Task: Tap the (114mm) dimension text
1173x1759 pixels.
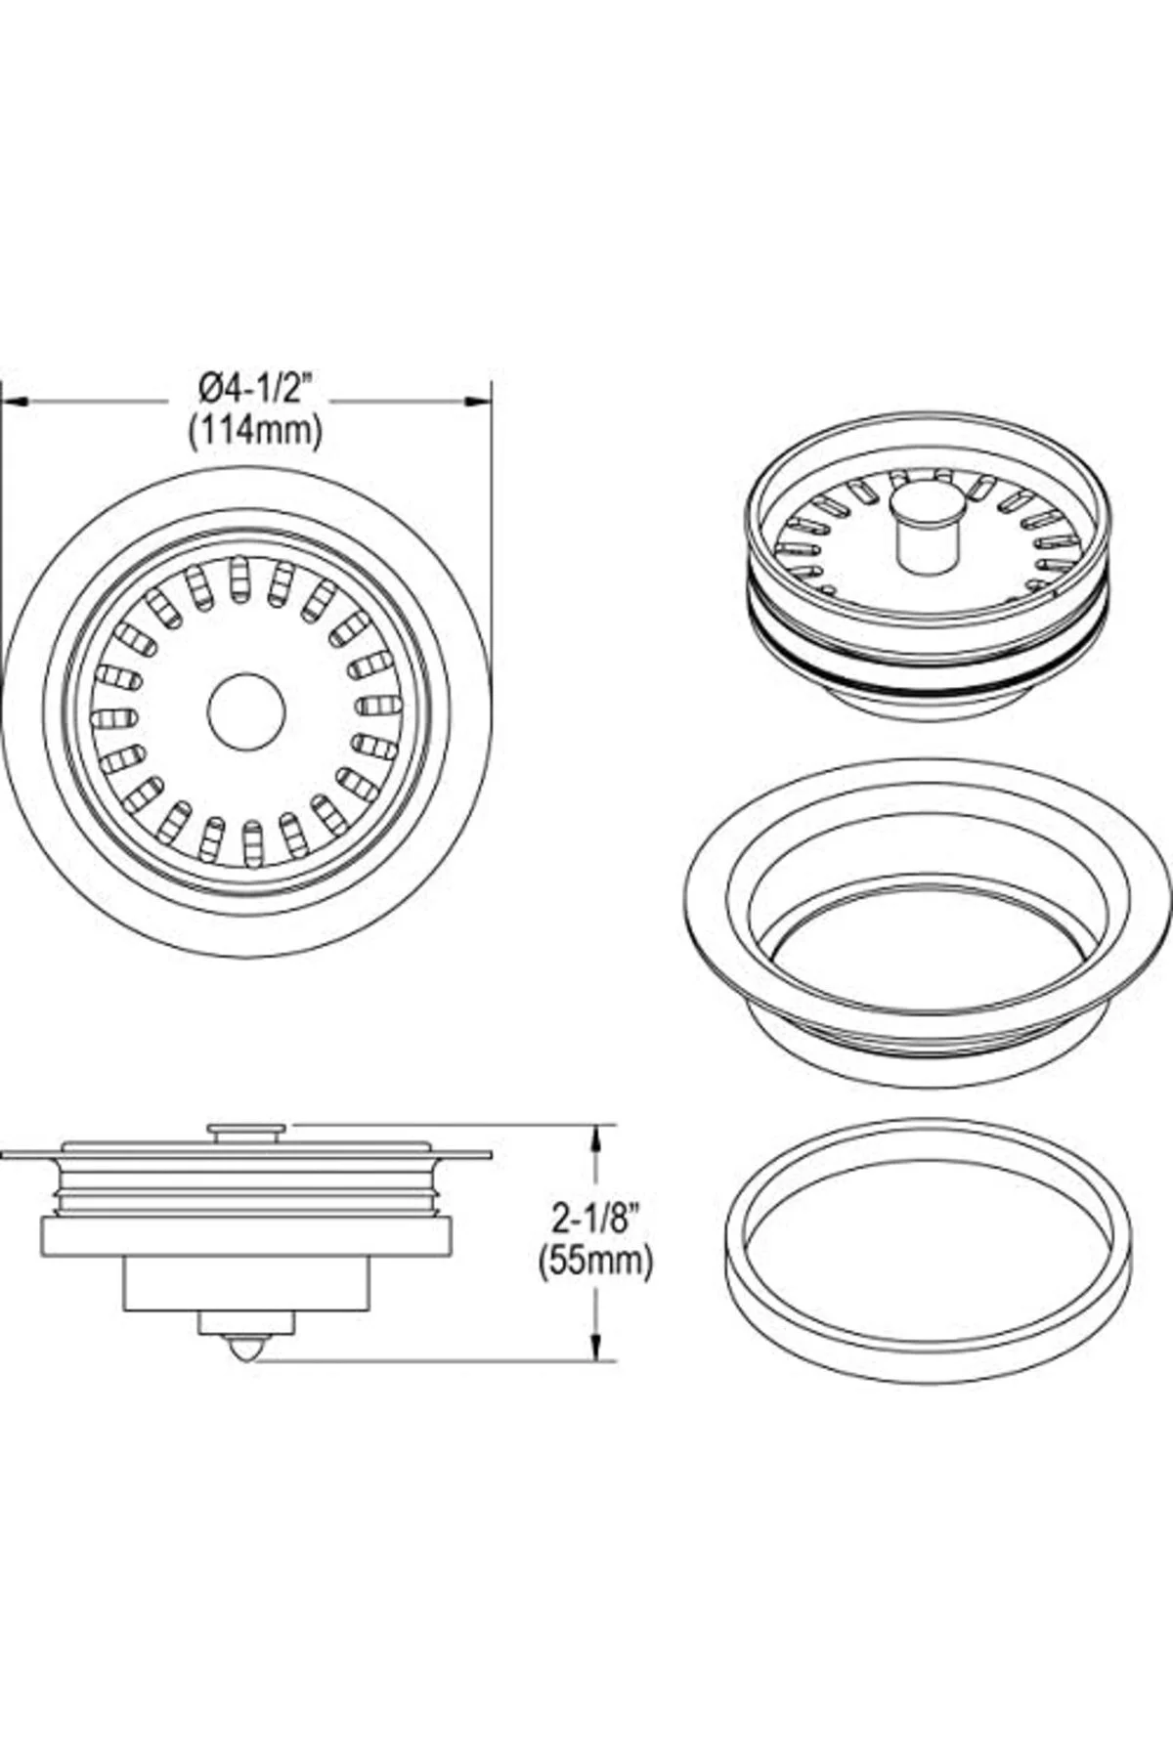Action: [x=255, y=429]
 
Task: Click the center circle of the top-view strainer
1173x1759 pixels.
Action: [x=246, y=710]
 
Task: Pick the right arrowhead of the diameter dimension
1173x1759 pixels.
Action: [x=477, y=400]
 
